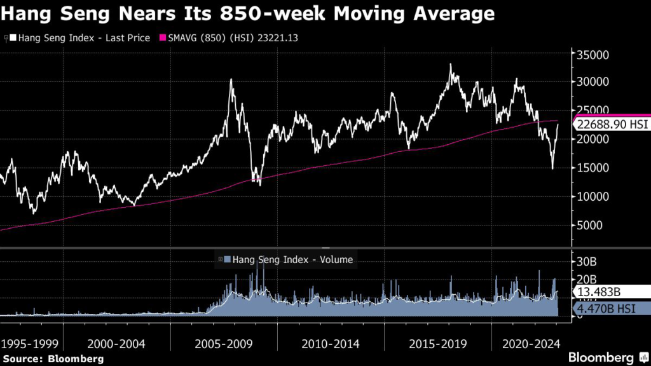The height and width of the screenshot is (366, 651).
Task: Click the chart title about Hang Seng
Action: point(249,13)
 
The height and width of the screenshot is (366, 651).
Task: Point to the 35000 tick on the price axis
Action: point(594,55)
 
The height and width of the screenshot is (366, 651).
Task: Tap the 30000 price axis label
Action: point(594,82)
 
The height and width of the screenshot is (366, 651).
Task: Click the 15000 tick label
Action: point(594,168)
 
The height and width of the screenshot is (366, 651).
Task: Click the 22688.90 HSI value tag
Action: point(610,125)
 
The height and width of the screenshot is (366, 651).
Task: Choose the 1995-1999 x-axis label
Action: point(30,344)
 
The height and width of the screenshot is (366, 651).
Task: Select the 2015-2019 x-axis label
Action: point(437,344)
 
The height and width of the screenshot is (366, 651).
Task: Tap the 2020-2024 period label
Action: point(530,344)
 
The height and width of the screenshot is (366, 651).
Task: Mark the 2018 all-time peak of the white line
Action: point(450,64)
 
